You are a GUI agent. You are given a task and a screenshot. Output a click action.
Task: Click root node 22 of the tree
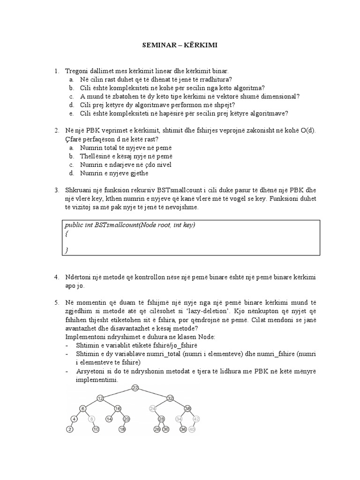[x=135, y=388]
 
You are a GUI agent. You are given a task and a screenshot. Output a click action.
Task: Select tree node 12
[x=100, y=398]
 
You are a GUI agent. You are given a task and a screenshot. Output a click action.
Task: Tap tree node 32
[x=170, y=398]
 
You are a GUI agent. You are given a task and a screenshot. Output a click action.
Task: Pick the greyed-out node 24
[x=152, y=408]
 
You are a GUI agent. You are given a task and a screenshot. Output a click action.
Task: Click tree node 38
[x=188, y=408]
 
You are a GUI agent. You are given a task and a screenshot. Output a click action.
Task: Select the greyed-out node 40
[x=192, y=429]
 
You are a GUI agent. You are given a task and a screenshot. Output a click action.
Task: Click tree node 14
[x=109, y=419]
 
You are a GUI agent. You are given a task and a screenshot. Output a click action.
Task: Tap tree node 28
[x=161, y=419]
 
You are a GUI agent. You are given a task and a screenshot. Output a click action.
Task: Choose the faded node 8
[x=92, y=419]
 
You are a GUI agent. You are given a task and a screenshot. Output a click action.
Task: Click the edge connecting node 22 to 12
[x=118, y=393]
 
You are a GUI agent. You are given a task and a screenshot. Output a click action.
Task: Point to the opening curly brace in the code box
[x=67, y=233]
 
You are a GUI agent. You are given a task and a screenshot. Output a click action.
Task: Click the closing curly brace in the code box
[x=67, y=250]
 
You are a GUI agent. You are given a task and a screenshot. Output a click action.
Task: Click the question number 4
[x=56, y=277]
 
